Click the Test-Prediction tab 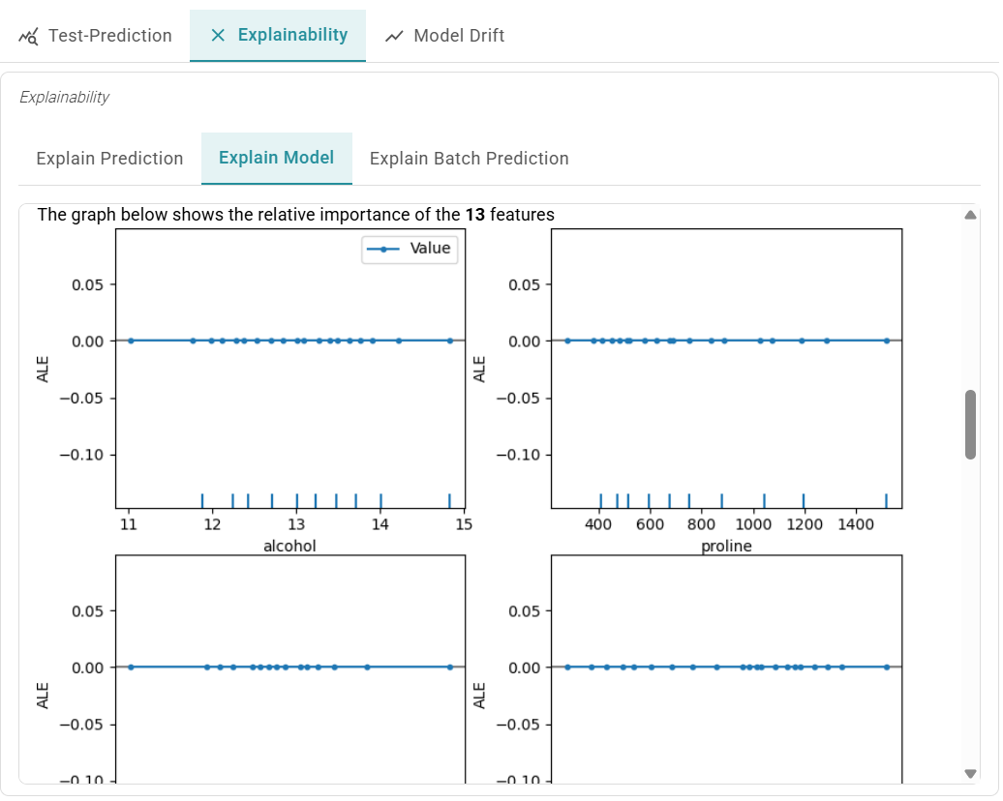96,36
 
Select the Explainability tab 278,36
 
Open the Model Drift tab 444,36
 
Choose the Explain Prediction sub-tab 109,159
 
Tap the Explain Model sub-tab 276,159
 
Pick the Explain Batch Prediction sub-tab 469,159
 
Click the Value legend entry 430,249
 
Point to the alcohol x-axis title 289,546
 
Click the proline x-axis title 726,546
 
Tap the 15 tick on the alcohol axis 464,525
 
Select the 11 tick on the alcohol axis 128,525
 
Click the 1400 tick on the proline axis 855,525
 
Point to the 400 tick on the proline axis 599,525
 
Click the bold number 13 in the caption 474,215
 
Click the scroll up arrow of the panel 971,215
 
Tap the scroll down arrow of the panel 971,773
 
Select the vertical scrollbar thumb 971,425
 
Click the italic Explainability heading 64,98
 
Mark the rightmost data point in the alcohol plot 450,341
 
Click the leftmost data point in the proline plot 567,341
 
